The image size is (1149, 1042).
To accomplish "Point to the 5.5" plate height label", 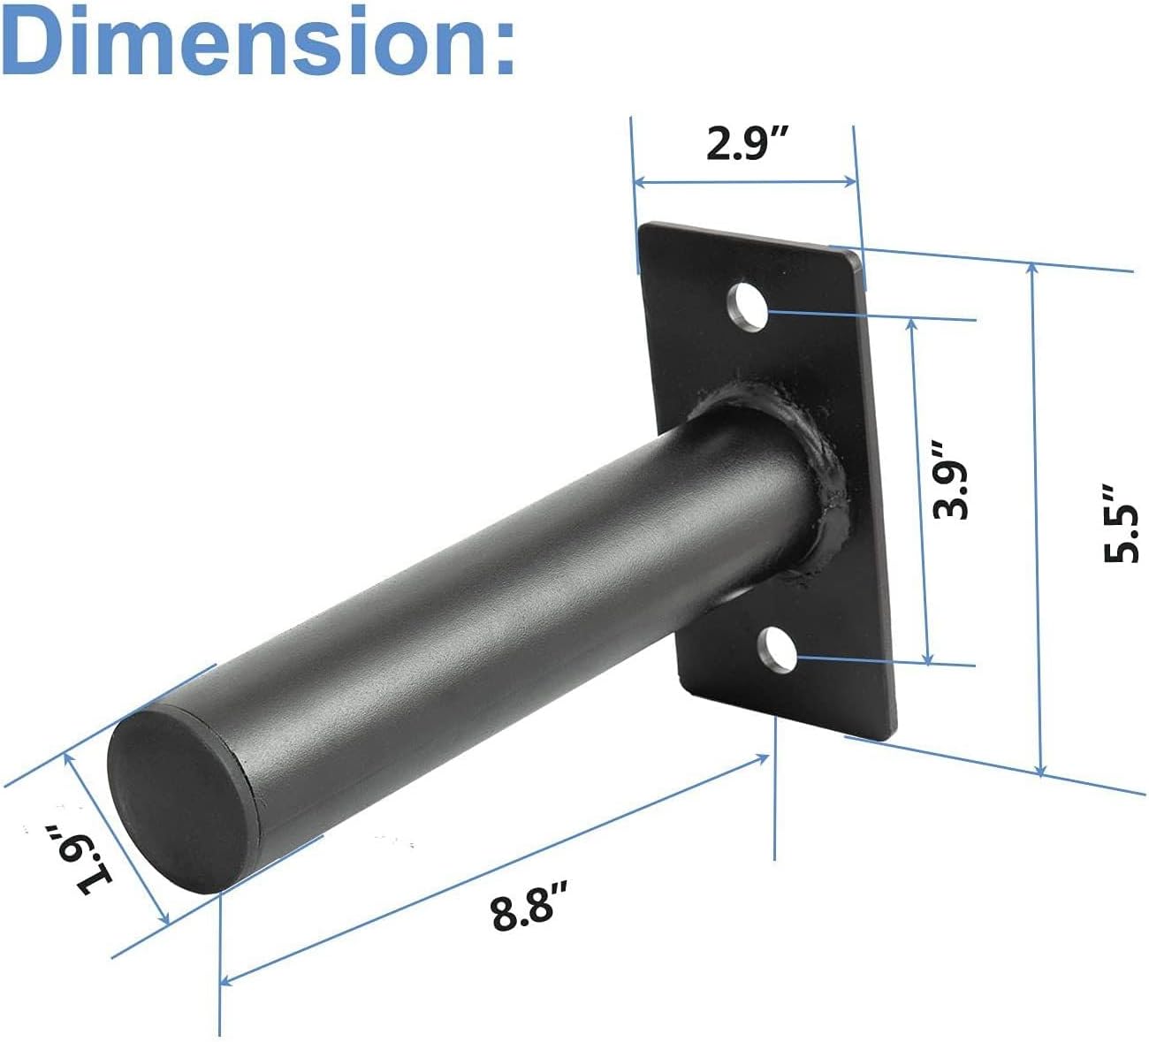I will (x=1120, y=523).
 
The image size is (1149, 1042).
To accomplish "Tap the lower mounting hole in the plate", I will (x=779, y=652).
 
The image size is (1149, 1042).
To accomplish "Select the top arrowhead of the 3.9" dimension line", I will (x=914, y=323).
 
